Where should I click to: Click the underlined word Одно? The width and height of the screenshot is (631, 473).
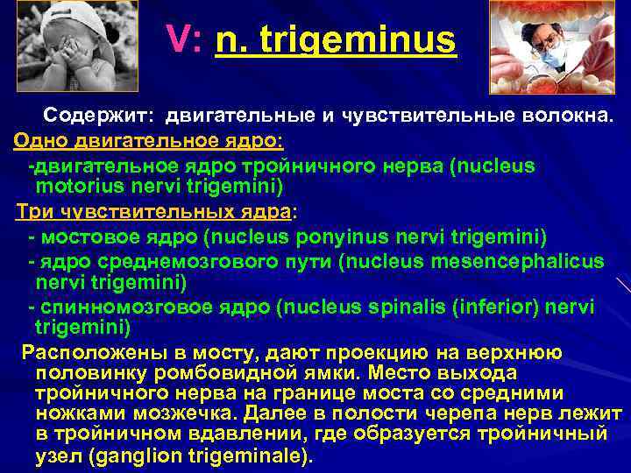tap(39, 140)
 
